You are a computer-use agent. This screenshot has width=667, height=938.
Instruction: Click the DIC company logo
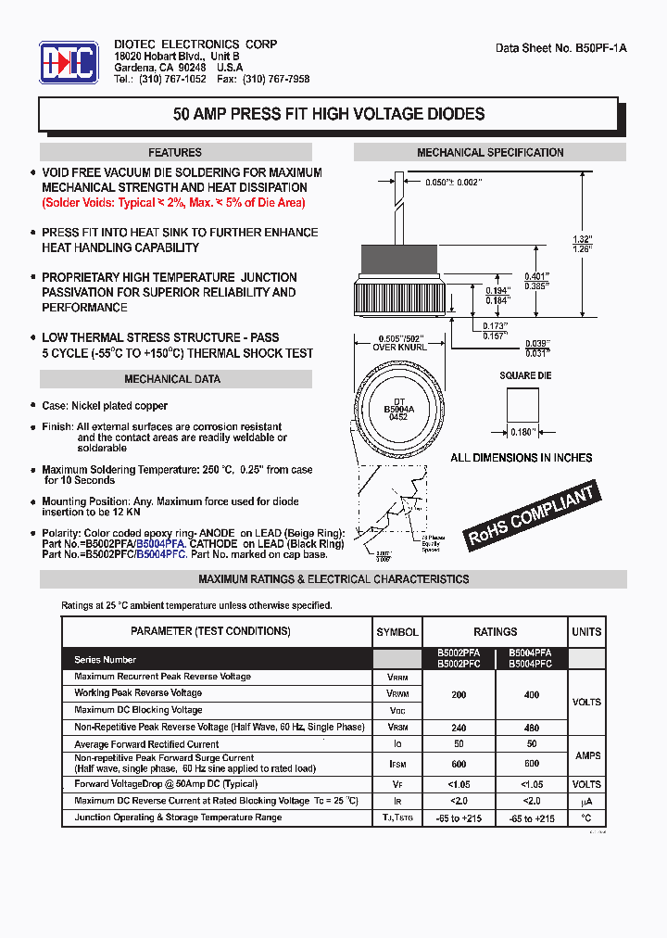[x=69, y=62]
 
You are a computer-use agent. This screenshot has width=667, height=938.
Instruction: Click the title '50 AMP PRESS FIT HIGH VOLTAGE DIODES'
[x=329, y=115]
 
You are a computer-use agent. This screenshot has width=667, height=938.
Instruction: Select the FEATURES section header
[x=175, y=153]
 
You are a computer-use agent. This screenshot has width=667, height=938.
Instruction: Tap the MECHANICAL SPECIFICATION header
[x=490, y=153]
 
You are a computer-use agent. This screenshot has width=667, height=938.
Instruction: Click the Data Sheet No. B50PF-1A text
[x=561, y=47]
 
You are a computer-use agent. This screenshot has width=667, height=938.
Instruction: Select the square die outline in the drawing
[x=522, y=403]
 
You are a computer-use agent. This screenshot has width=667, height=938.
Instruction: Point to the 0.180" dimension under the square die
[x=522, y=432]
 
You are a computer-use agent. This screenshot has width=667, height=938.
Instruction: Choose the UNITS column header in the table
[x=586, y=632]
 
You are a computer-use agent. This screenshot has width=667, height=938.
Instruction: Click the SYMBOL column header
[x=397, y=632]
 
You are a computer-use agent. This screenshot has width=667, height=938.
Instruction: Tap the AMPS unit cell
[x=587, y=756]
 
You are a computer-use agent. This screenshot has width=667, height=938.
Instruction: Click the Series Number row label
[x=106, y=660]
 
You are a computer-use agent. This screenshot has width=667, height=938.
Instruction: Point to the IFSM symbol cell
[x=397, y=763]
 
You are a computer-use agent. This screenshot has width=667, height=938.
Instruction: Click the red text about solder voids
[x=173, y=202]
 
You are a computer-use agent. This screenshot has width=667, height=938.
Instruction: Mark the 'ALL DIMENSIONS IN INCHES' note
[x=522, y=458]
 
